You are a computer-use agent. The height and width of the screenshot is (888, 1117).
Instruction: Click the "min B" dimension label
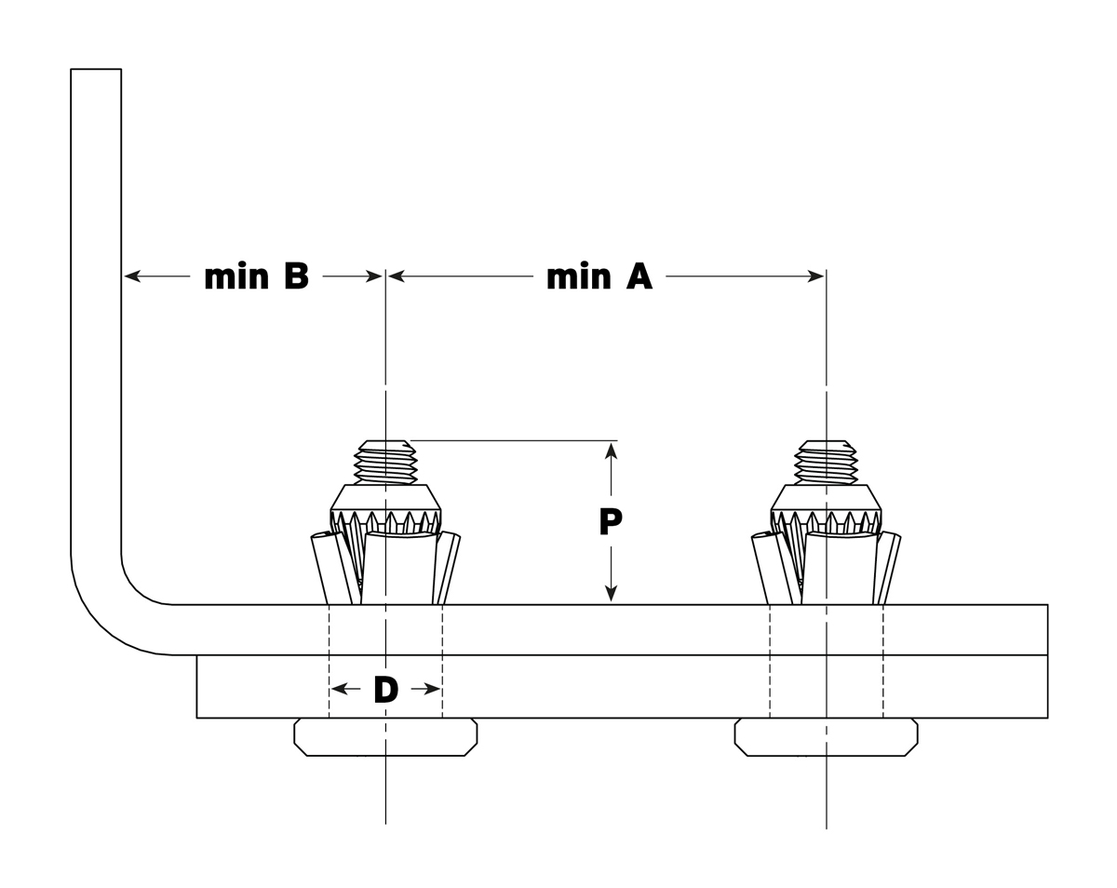(x=256, y=276)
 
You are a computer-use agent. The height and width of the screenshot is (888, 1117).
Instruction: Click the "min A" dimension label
(x=599, y=276)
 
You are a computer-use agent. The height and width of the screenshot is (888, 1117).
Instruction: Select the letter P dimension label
(x=611, y=522)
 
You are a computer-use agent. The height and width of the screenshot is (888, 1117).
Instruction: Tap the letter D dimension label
(x=385, y=690)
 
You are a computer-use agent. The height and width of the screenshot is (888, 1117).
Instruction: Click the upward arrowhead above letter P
(x=611, y=451)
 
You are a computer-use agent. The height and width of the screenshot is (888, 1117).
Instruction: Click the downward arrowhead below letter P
(x=611, y=593)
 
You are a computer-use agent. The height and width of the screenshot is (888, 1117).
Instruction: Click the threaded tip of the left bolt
(x=385, y=462)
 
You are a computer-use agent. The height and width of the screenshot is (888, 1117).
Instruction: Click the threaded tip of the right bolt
(x=826, y=462)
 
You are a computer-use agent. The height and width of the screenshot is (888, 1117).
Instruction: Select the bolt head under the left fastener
(x=385, y=737)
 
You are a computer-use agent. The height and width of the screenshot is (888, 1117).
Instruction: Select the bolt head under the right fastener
(x=826, y=737)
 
